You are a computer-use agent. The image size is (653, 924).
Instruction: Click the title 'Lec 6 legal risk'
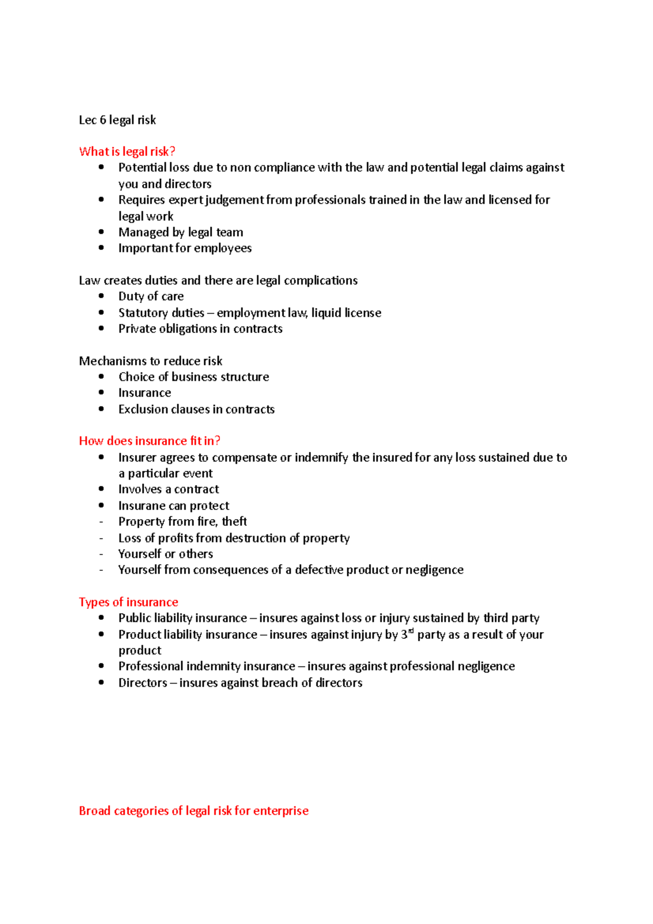click(117, 120)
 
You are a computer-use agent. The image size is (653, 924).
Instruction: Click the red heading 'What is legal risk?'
click(127, 151)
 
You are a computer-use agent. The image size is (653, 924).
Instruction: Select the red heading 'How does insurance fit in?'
click(149, 441)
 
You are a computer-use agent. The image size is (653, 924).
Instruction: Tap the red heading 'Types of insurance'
click(128, 602)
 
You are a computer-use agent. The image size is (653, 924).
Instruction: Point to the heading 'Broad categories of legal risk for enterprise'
click(193, 811)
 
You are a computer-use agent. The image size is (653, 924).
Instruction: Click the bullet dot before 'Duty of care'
click(101, 296)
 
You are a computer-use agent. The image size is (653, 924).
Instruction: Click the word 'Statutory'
click(138, 313)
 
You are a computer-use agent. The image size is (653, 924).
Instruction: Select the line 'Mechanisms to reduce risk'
click(151, 361)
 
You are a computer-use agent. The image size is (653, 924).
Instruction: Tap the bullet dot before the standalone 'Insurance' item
click(101, 392)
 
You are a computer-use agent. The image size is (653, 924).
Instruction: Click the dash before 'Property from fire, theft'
click(101, 522)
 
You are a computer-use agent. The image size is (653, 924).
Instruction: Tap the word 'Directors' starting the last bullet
click(143, 683)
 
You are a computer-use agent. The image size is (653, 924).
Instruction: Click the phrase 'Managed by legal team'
click(181, 232)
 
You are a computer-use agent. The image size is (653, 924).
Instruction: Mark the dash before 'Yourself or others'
click(101, 554)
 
